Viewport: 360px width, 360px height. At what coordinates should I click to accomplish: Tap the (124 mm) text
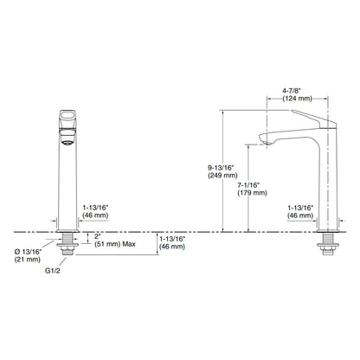click(297, 99)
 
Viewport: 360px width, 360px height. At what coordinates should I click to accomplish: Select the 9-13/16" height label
click(221, 168)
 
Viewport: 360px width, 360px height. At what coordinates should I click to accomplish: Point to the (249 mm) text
click(222, 176)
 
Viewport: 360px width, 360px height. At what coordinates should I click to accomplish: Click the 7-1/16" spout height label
click(248, 185)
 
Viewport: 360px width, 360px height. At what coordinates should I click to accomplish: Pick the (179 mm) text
click(252, 193)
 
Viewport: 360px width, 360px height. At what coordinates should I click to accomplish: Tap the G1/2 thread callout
click(53, 271)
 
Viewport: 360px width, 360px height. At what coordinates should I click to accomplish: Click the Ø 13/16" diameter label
click(28, 252)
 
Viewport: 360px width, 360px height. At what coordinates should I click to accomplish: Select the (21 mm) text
click(28, 260)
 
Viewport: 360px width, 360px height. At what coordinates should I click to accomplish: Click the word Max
click(129, 244)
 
